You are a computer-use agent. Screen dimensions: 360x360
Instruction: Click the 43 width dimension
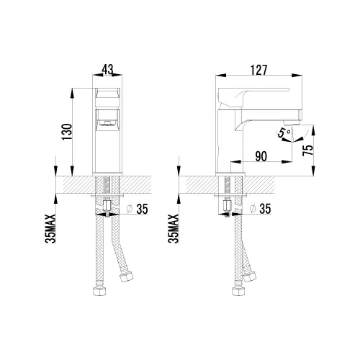point(109,71)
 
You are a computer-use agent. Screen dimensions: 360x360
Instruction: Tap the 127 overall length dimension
point(261,70)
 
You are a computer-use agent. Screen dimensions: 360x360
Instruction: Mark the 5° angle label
point(284,132)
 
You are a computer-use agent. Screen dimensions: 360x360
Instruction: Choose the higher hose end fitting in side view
point(251,276)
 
